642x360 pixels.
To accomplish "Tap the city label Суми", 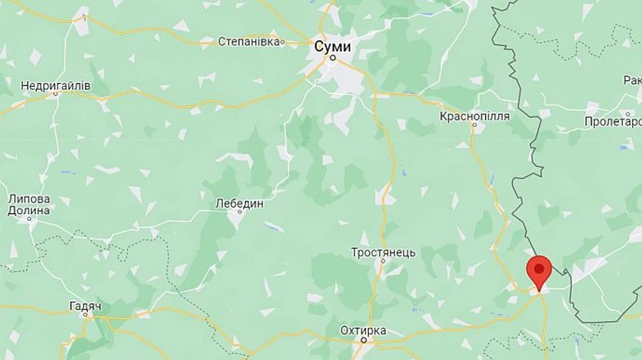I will tap(332, 46).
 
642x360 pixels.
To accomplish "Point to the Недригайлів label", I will tap(56, 86).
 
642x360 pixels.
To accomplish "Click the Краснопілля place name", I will tap(474, 115).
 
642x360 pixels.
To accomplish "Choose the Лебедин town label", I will tap(240, 203).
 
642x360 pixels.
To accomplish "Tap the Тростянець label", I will tap(382, 252).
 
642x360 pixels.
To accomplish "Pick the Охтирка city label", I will tap(363, 330).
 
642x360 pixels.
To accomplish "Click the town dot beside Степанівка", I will tap(283, 42).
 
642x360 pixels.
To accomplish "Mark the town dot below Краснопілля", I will tap(473, 125).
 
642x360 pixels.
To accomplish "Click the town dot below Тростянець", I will tap(382, 262).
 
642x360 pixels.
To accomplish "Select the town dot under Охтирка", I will tap(363, 340).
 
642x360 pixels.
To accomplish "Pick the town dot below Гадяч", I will tap(86, 314).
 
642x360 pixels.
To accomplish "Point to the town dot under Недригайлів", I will tap(56, 94).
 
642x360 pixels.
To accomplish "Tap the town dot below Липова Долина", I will tap(30, 218).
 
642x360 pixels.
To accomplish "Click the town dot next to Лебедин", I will tap(236, 212).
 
